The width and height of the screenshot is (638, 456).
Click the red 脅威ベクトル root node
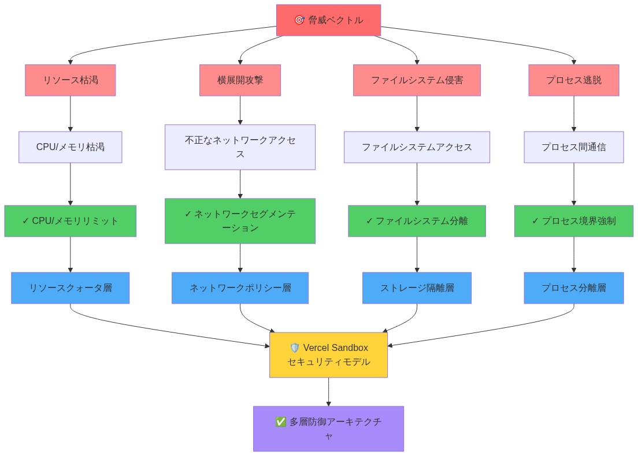(328, 20)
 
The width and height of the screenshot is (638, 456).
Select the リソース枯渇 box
(71, 80)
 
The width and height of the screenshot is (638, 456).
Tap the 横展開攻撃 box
(240, 80)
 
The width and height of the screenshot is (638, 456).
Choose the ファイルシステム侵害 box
(417, 80)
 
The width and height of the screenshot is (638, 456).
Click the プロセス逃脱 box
(573, 80)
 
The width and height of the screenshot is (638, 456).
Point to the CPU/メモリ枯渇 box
(71, 147)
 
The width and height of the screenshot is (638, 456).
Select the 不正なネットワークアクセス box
(240, 147)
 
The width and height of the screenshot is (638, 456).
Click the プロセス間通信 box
(573, 147)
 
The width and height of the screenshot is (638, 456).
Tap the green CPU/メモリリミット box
(71, 221)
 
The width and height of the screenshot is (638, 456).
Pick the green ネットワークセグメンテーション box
(240, 221)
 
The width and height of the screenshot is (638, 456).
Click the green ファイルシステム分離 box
(417, 221)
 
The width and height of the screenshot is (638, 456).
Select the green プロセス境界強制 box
(573, 221)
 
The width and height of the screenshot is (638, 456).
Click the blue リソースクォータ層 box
(71, 288)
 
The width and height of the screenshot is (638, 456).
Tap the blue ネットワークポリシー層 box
(240, 288)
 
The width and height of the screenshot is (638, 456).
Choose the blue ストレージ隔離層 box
(417, 288)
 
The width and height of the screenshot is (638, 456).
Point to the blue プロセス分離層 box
(573, 288)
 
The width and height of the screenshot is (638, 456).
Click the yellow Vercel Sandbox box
(328, 355)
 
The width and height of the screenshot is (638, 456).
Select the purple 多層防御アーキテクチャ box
(328, 429)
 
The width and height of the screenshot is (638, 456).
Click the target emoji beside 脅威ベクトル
(299, 20)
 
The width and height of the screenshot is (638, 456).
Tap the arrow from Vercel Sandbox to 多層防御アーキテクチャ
(328, 392)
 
